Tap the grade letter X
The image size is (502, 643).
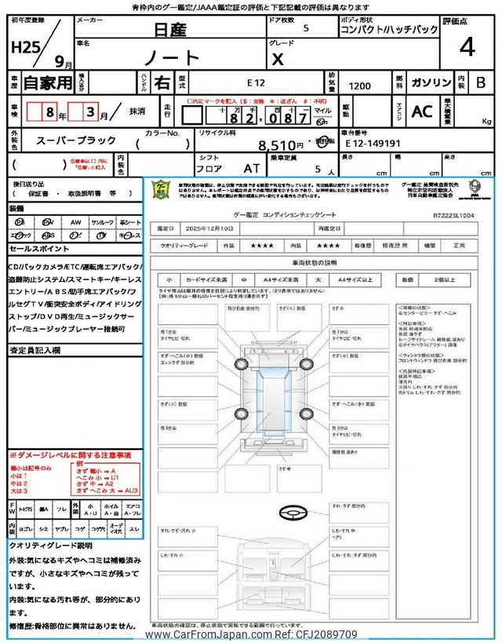point(276,59)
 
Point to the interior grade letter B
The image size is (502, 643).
point(481,82)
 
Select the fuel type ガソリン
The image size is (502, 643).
point(431,82)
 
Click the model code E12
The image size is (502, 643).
point(256,82)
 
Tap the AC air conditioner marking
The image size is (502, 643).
point(422,111)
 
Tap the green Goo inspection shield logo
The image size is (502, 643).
point(160,190)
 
